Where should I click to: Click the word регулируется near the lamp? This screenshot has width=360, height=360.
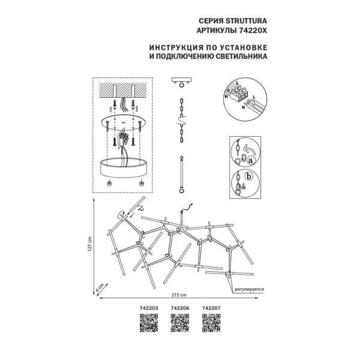pos(248,289)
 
